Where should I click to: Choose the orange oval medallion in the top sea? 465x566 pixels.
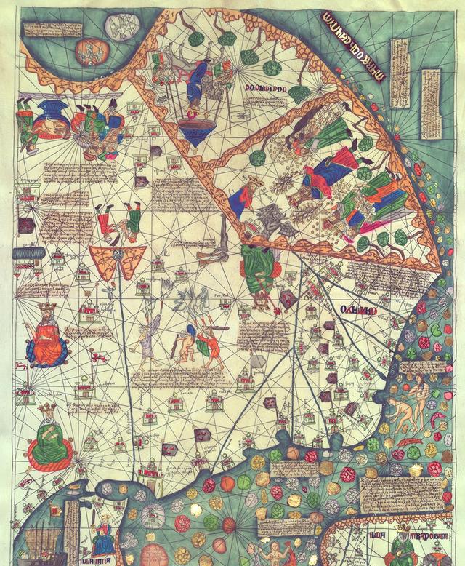[x=90, y=51]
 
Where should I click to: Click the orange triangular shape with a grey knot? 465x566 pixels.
[x=117, y=260]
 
